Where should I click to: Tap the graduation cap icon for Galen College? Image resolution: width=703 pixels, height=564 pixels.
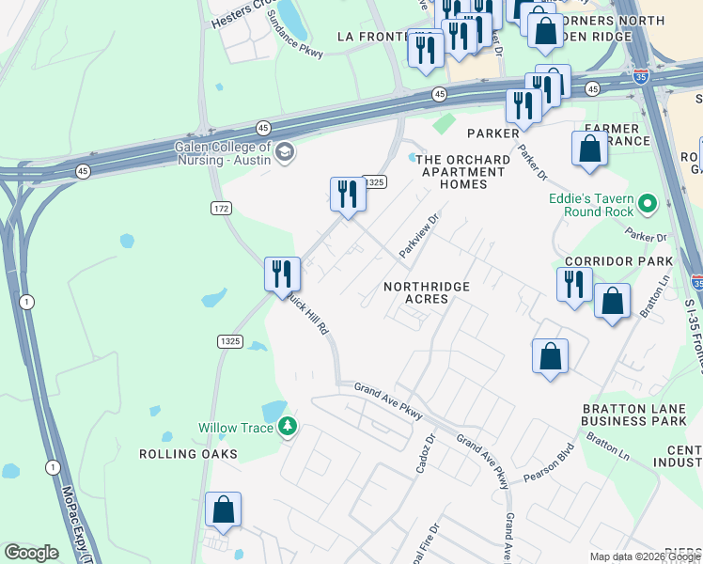(x=285, y=150)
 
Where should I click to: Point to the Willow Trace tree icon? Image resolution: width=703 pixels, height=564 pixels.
(x=289, y=428)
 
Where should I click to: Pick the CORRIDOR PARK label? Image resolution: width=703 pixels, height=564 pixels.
(x=618, y=260)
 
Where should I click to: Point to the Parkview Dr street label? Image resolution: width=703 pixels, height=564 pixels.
(x=419, y=236)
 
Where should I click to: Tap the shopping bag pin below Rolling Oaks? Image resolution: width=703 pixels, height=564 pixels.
(x=224, y=510)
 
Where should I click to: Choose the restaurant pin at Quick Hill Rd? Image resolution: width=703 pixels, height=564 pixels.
(x=282, y=274)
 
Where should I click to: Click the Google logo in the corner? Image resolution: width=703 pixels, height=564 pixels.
(x=31, y=553)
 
